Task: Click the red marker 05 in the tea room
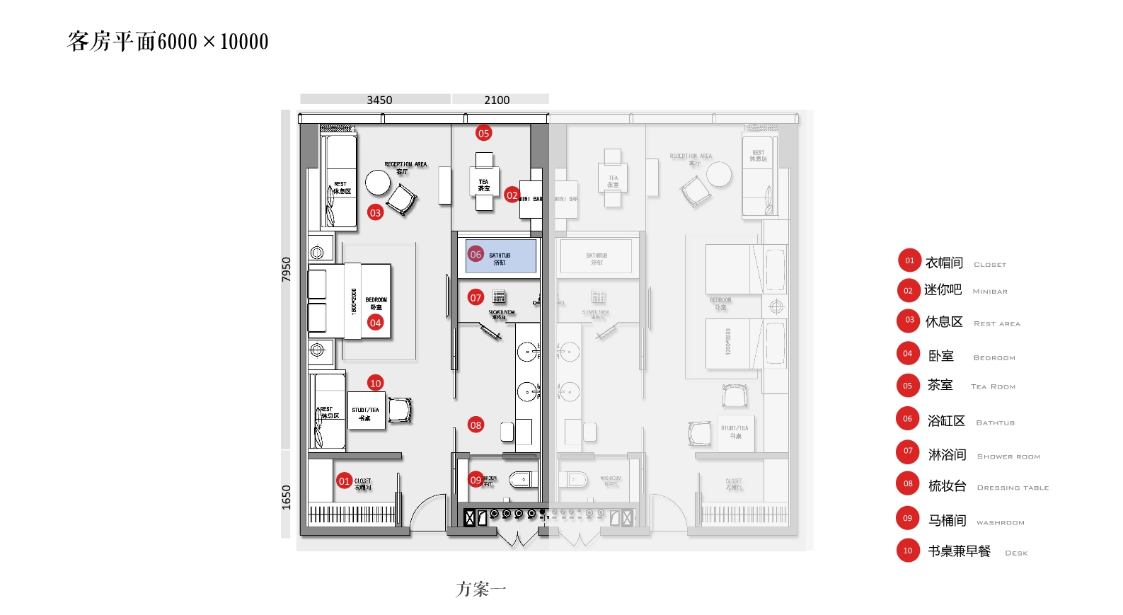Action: click(x=483, y=133)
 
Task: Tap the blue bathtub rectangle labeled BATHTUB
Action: click(x=500, y=256)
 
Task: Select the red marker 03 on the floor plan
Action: click(x=375, y=212)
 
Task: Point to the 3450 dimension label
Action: click(x=379, y=100)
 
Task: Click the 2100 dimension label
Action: click(x=497, y=100)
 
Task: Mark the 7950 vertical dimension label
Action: click(x=286, y=269)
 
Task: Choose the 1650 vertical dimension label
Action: click(x=286, y=497)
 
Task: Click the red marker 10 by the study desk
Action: click(x=375, y=383)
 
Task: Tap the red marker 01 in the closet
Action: click(x=344, y=481)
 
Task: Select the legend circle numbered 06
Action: click(x=907, y=419)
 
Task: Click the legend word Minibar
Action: click(x=990, y=292)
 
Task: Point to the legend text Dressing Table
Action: click(x=1013, y=488)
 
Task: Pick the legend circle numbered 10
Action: click(x=908, y=551)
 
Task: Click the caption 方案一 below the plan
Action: click(x=480, y=589)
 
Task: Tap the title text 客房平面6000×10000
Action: click(x=168, y=42)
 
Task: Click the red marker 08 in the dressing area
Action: click(x=476, y=425)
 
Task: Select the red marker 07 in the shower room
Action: click(x=476, y=298)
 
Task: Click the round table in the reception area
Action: click(x=378, y=183)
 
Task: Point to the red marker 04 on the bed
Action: click(x=375, y=323)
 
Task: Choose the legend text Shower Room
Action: click(x=1008, y=456)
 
